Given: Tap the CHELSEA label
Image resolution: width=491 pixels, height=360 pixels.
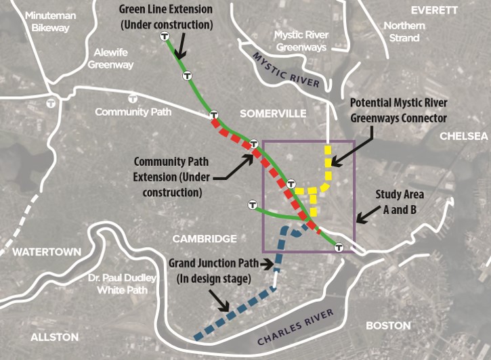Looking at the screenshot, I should click(x=464, y=136).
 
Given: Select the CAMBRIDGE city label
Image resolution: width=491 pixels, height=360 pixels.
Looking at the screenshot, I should click(x=205, y=239).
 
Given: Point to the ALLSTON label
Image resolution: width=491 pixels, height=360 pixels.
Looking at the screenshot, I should click(x=54, y=336).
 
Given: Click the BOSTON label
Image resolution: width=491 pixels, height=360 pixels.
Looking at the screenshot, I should click(x=388, y=325).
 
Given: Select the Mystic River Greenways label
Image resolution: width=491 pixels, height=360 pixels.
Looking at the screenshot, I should click(x=300, y=41).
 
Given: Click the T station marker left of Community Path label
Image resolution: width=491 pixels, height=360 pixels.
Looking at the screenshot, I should click(x=51, y=103).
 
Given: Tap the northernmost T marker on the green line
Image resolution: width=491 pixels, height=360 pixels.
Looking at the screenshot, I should click(x=165, y=37).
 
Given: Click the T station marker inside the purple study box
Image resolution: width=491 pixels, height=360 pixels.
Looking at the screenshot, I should click(x=292, y=183).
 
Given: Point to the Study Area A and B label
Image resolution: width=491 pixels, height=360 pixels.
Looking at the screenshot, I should click(x=404, y=202).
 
